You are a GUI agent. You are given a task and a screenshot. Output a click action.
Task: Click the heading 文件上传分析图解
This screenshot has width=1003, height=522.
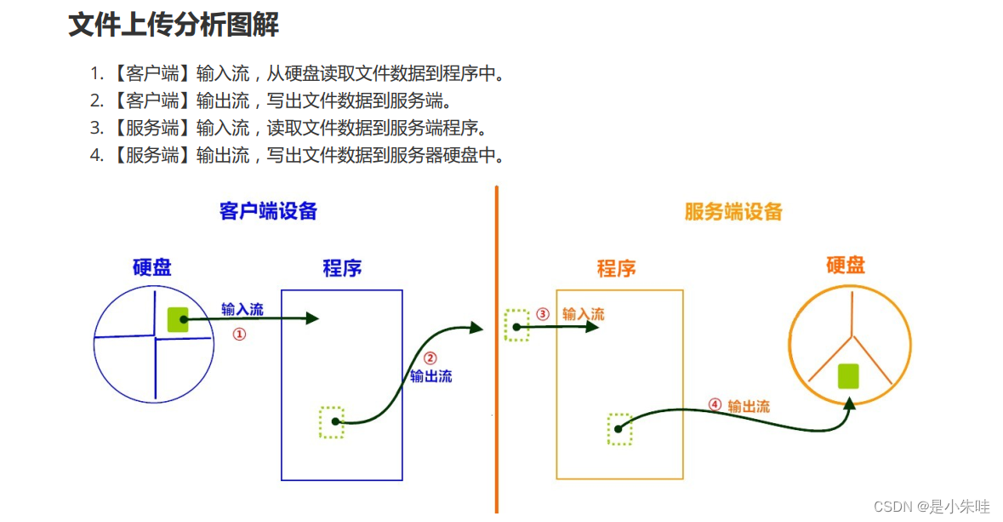[x=174, y=25]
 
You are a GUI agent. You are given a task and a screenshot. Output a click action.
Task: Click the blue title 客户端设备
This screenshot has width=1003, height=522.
[x=268, y=211]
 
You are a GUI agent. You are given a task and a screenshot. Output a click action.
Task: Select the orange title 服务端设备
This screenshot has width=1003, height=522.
[x=733, y=211]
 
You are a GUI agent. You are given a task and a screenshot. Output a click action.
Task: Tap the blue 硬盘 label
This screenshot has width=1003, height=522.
[x=152, y=267]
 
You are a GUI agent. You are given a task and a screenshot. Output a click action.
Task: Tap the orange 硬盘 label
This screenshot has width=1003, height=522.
[x=846, y=265]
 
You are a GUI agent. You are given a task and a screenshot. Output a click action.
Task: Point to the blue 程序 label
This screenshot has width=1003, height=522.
[x=342, y=269]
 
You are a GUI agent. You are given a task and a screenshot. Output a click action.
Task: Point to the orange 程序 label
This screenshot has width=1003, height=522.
[x=617, y=269]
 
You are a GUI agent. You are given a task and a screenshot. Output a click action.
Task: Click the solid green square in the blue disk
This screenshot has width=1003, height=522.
[x=178, y=318]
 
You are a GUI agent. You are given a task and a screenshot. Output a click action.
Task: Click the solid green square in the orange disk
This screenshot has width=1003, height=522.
[x=847, y=376]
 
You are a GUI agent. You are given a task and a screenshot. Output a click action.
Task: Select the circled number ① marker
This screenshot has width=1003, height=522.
[x=239, y=335]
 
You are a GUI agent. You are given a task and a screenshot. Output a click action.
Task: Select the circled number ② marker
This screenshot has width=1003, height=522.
[x=430, y=359]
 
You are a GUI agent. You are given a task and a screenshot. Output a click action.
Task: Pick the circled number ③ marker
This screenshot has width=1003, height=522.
[x=543, y=313]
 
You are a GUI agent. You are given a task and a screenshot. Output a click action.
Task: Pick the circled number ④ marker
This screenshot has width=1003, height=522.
[x=715, y=405]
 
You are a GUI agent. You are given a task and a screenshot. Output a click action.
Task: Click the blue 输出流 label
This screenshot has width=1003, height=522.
[x=431, y=376]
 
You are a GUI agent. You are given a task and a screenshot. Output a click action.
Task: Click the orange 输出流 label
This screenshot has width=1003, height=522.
[x=749, y=406]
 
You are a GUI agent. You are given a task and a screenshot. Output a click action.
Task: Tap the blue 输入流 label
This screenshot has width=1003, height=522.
[x=242, y=309]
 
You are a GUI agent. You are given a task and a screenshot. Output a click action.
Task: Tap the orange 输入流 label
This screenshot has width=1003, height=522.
[x=584, y=314]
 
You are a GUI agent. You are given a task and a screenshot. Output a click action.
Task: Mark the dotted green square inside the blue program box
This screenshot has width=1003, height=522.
[x=332, y=422]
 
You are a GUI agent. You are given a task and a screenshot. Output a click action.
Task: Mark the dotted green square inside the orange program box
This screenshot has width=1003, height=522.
[x=619, y=429]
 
